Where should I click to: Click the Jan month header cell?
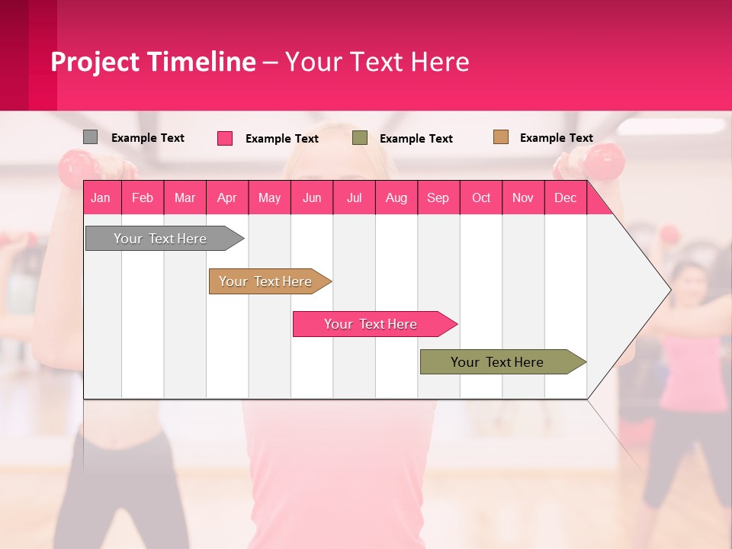pyautogui.click(x=101, y=197)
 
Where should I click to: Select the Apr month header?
pyautogui.click(x=227, y=197)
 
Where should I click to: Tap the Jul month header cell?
pyautogui.click(x=354, y=197)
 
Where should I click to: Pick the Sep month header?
pyautogui.click(x=438, y=197)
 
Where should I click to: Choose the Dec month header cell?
pyautogui.click(x=565, y=197)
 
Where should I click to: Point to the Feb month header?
pyautogui.click(x=143, y=197)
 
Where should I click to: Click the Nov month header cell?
pyautogui.click(x=523, y=197)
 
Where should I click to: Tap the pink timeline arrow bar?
pyautogui.click(x=371, y=324)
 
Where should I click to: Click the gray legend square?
pyautogui.click(x=90, y=137)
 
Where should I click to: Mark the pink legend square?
pyautogui.click(x=225, y=138)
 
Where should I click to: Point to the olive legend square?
pyautogui.click(x=360, y=138)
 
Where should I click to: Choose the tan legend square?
pyautogui.click(x=500, y=137)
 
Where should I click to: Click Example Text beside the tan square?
pyautogui.click(x=556, y=138)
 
